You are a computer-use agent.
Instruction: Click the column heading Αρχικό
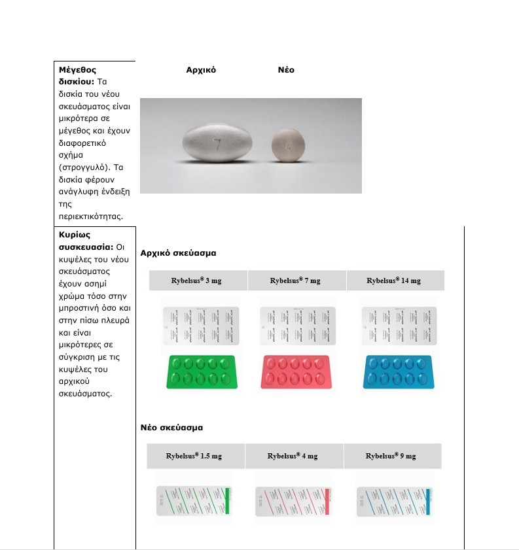click(x=201, y=70)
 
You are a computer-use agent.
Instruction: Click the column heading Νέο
click(x=286, y=70)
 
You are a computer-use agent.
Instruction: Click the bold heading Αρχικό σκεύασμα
click(x=178, y=252)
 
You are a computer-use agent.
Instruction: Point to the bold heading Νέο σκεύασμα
click(x=171, y=427)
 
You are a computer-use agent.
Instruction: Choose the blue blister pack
click(x=396, y=372)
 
